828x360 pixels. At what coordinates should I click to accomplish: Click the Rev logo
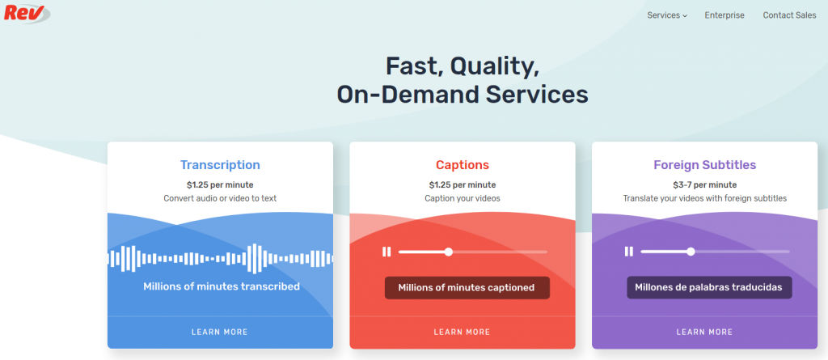pyautogui.click(x=27, y=13)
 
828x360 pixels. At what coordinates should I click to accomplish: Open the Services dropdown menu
pyautogui.click(x=667, y=15)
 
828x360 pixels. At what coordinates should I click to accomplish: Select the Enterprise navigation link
pyautogui.click(x=724, y=15)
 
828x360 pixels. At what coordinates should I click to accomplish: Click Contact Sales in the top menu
pyautogui.click(x=789, y=15)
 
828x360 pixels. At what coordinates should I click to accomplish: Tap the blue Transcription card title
pyautogui.click(x=220, y=165)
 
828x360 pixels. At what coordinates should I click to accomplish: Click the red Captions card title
pyautogui.click(x=463, y=165)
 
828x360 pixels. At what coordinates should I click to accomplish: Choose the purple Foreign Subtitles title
pyautogui.click(x=705, y=165)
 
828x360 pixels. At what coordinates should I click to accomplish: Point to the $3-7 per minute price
pyautogui.click(x=705, y=185)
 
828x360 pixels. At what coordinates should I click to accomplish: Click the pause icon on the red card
pyautogui.click(x=387, y=252)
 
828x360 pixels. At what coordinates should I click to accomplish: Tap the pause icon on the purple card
pyautogui.click(x=629, y=252)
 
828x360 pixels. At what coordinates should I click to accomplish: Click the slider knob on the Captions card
pyautogui.click(x=448, y=252)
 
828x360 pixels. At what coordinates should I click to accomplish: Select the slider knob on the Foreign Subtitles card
pyautogui.click(x=691, y=252)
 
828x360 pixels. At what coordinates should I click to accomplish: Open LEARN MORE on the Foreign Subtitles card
pyautogui.click(x=705, y=332)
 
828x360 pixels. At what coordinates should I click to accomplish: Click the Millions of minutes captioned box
pyautogui.click(x=467, y=288)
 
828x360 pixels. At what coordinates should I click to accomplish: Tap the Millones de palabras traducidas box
pyautogui.click(x=709, y=287)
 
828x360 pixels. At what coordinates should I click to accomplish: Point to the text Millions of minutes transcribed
pyautogui.click(x=222, y=286)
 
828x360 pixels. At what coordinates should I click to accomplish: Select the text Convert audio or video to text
pyautogui.click(x=220, y=199)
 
